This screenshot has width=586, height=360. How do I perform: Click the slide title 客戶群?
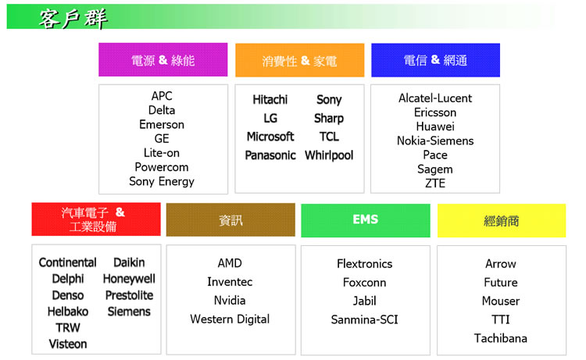[73, 19]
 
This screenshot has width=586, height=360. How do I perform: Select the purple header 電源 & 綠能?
[163, 60]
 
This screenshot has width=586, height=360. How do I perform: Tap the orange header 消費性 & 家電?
[299, 60]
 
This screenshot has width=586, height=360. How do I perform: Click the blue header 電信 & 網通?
[435, 60]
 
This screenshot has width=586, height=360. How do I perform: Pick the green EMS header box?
[366, 220]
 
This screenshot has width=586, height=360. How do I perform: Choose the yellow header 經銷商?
[502, 221]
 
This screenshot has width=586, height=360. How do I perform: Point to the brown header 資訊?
[230, 220]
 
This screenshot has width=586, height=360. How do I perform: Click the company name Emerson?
[162, 124]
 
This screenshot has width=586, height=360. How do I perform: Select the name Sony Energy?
[162, 181]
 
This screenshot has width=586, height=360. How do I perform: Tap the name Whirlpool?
[329, 155]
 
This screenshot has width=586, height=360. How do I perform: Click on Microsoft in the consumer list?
[270, 137]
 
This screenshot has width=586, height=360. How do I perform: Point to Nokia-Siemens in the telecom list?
[435, 141]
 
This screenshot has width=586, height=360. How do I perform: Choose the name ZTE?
[435, 184]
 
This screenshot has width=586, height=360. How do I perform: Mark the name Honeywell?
[129, 279]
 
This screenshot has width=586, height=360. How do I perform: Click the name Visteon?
[68, 344]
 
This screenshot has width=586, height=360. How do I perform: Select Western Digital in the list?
[230, 319]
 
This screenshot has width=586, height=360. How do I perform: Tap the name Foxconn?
[364, 283]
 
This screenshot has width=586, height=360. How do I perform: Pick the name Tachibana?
[501, 338]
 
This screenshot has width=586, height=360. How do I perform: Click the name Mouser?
[501, 301]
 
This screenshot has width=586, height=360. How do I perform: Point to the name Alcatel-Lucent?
[435, 98]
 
